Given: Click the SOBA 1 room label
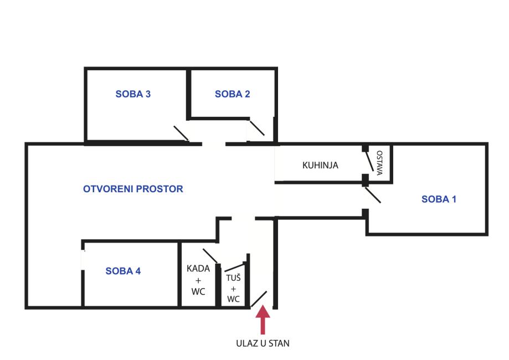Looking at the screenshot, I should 439,199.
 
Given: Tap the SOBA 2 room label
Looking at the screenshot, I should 233,94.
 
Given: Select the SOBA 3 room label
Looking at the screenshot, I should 133,94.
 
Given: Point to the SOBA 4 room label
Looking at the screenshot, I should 123,271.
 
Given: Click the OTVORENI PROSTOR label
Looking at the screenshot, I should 133,189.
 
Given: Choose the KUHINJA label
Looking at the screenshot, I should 320,165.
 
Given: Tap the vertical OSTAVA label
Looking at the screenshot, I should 379,163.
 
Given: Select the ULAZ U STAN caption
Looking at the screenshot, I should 263,343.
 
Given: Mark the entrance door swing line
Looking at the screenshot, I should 260,299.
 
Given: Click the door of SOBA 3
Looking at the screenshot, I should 181,133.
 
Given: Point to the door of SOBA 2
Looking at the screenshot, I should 256,128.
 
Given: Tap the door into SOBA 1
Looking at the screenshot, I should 372,195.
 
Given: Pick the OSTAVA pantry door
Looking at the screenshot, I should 369,162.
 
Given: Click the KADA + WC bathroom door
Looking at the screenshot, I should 210,256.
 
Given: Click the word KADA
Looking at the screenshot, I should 199,269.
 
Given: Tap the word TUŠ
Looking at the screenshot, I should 233,278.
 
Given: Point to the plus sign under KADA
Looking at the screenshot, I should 199,280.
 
